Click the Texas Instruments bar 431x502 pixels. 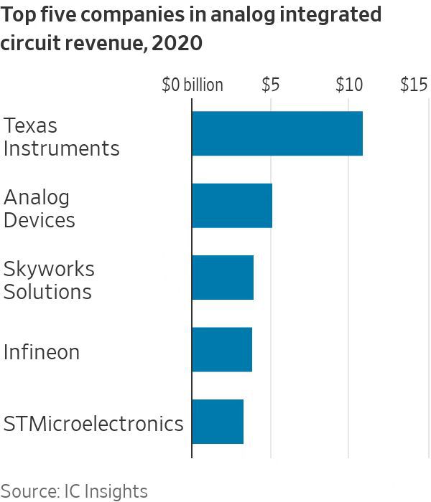click(x=277, y=133)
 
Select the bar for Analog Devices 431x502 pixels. click(x=232, y=206)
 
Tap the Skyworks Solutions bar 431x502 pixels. click(x=223, y=278)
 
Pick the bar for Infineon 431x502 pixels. click(x=222, y=349)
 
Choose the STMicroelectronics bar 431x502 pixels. click(x=218, y=422)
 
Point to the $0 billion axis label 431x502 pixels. click(x=192, y=85)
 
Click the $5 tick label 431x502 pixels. click(x=270, y=85)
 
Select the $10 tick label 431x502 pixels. click(x=348, y=85)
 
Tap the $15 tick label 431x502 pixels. click(x=414, y=85)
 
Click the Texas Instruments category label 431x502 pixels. click(x=61, y=137)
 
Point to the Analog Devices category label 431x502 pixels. click(x=40, y=209)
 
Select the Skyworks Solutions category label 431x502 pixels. click(x=49, y=280)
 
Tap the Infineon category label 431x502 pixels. click(x=42, y=352)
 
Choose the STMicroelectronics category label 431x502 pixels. click(x=93, y=424)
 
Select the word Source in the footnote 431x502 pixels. click(x=27, y=491)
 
